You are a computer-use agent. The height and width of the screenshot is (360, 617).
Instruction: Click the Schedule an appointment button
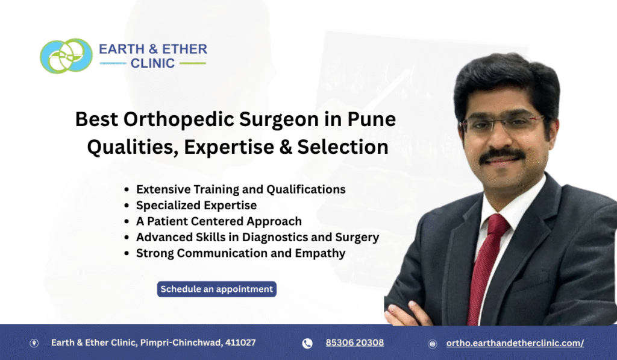[217, 289]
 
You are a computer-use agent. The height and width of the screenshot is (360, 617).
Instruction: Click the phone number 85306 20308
[354, 343]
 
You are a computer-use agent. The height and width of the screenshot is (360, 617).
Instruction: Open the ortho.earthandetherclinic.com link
[515, 343]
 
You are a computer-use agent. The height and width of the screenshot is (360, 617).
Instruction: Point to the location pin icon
[34, 343]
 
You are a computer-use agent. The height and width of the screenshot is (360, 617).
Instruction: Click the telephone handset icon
[307, 343]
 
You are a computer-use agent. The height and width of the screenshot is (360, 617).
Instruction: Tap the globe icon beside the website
[432, 344]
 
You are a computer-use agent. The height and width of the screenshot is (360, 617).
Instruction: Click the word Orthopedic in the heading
[172, 119]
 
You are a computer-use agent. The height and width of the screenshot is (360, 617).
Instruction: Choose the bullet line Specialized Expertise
[196, 205]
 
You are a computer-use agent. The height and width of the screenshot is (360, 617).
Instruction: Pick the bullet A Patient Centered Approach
[219, 221]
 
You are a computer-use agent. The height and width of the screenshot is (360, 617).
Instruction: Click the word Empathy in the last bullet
[320, 253]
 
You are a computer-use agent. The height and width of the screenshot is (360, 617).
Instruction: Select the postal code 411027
[240, 343]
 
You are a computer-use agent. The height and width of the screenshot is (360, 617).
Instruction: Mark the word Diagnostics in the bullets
[278, 237]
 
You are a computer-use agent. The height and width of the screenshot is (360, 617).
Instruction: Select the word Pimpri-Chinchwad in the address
[182, 343]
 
